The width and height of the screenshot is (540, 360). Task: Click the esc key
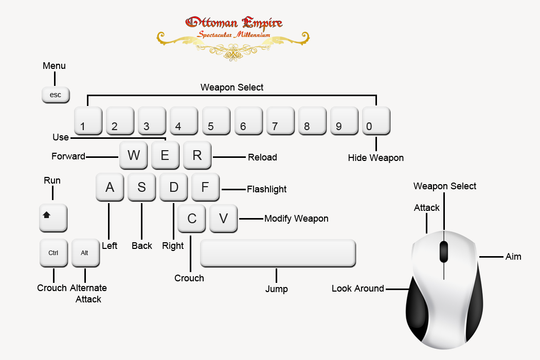click(56, 95)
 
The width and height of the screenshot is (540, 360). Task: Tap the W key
click(133, 155)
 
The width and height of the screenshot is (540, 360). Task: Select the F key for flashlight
click(205, 187)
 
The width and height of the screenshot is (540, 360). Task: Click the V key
click(223, 219)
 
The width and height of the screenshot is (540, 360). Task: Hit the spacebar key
click(278, 253)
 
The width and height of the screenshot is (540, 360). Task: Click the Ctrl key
click(53, 253)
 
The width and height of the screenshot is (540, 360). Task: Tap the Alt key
click(85, 253)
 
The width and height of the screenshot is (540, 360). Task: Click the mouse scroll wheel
click(444, 252)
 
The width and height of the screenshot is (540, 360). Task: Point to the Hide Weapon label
click(376, 158)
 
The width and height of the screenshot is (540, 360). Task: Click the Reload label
click(262, 157)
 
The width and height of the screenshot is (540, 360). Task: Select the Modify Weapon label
click(296, 219)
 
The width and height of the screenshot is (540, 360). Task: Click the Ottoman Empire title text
click(234, 23)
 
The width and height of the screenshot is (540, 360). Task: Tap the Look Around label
click(358, 289)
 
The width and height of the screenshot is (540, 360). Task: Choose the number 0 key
click(376, 120)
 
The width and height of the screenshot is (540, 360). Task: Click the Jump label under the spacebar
click(277, 289)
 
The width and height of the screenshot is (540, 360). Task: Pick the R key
click(197, 155)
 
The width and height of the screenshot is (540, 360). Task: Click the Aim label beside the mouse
click(513, 257)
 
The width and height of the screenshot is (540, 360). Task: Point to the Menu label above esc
click(54, 66)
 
